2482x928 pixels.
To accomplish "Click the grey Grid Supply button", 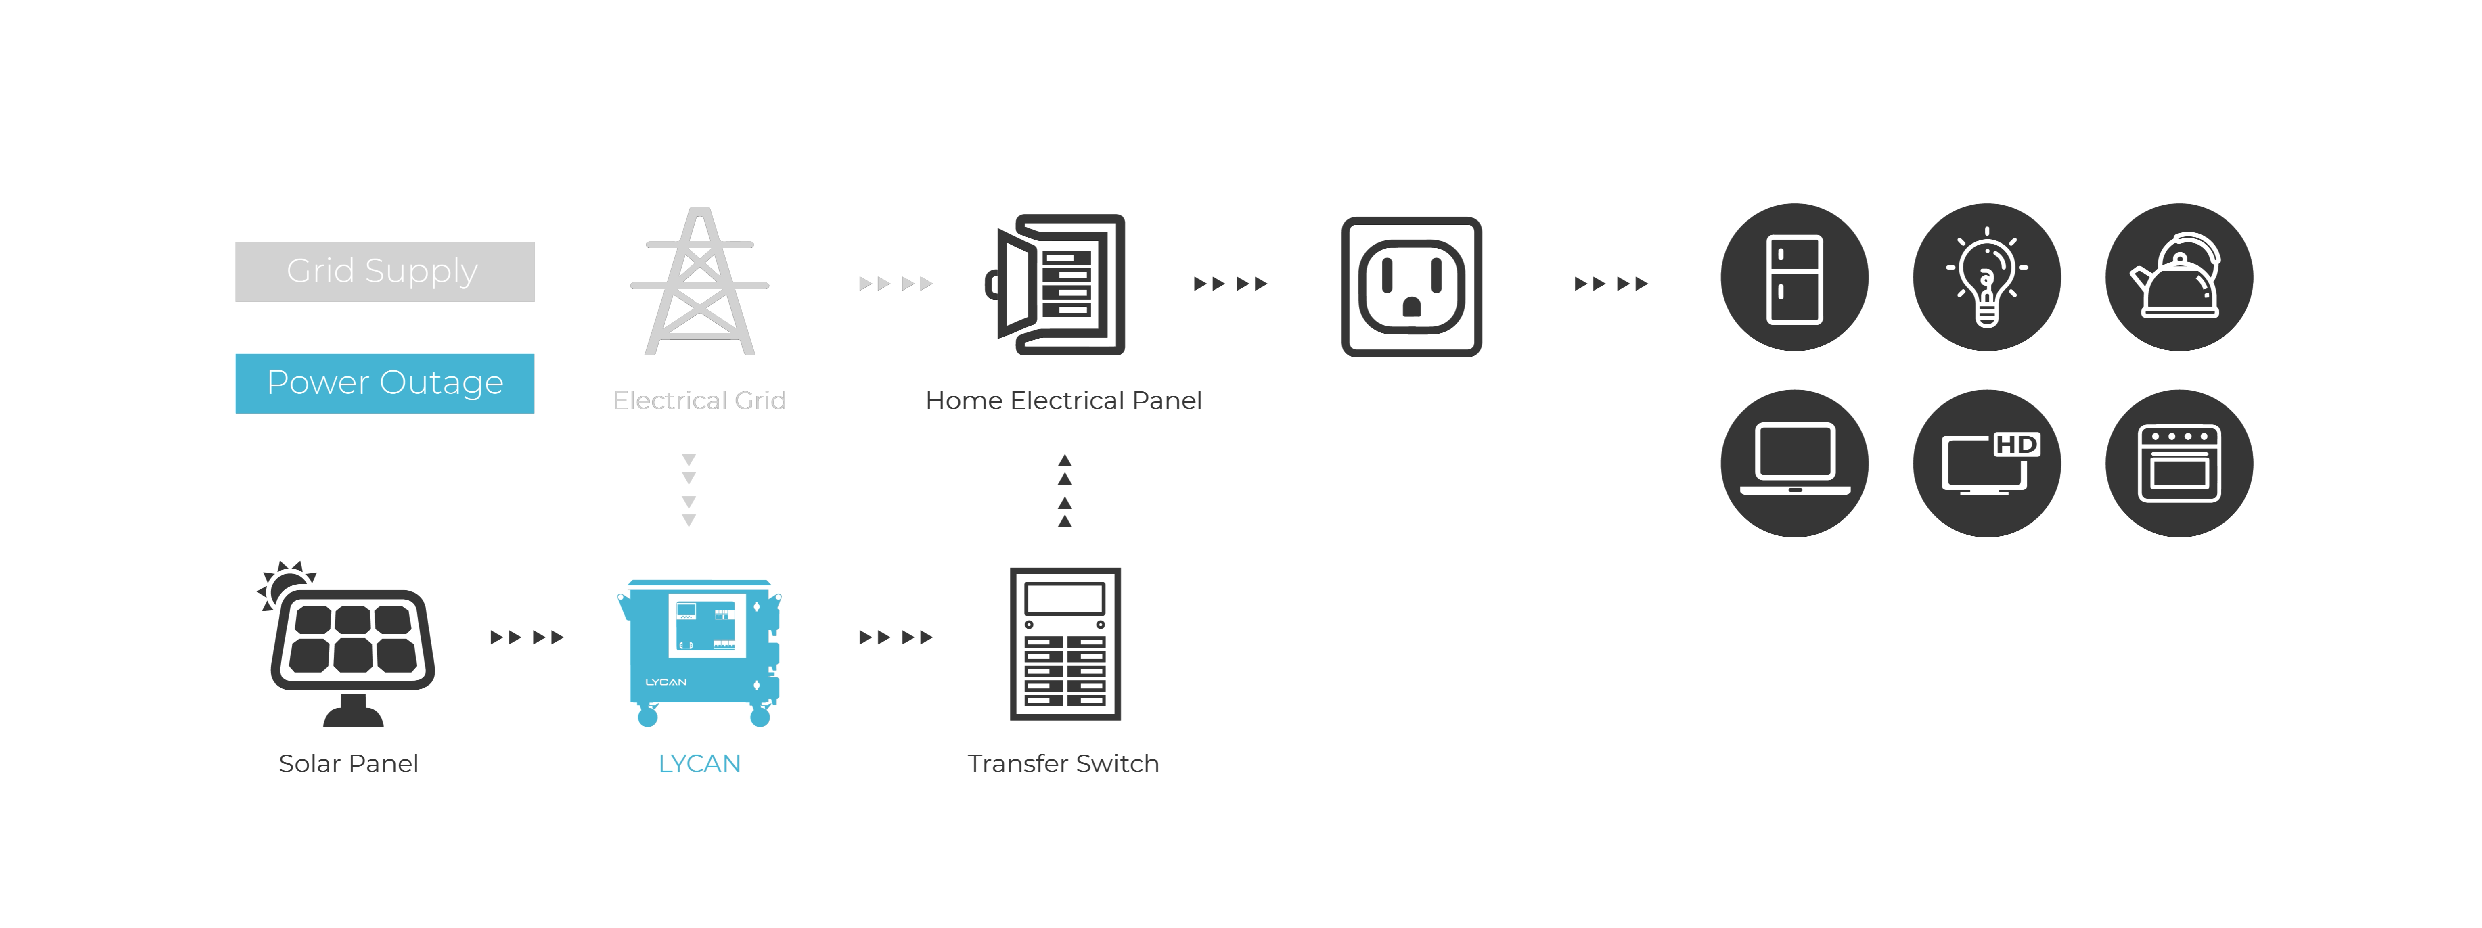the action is (385, 272).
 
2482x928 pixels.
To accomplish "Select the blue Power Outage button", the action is (385, 384).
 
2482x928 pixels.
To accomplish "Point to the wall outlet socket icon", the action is (1412, 287).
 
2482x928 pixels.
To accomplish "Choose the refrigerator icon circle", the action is (1794, 278).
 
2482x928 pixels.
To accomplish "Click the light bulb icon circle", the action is (1987, 278).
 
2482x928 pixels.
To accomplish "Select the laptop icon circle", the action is (1794, 464).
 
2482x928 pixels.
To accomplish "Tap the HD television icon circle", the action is (1987, 464).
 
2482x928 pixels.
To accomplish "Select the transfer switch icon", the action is (1065, 644).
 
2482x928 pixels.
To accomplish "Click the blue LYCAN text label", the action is (699, 764).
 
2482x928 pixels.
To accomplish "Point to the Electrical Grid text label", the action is (699, 401).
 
